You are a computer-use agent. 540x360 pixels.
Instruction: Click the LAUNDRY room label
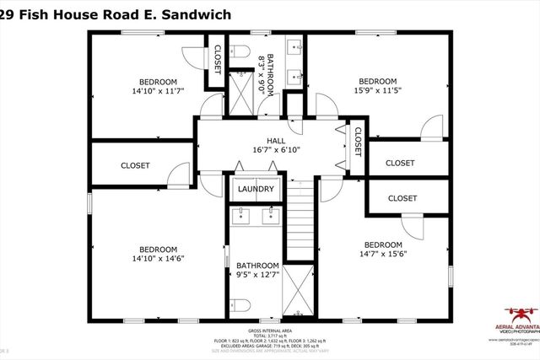pos(254,190)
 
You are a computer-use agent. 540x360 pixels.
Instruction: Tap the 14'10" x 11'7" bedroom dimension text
pos(158,89)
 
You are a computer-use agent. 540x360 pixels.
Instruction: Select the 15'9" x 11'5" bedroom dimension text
pos(378,89)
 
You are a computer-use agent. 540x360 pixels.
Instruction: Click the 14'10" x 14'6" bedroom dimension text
pos(158,259)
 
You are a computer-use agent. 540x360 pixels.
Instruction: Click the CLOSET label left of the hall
pos(135,166)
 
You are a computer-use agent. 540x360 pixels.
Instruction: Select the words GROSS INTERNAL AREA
pos(269,330)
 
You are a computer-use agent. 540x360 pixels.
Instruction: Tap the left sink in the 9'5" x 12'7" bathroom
pos(240,214)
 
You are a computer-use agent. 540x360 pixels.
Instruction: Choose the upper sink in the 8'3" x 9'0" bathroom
pos(295,46)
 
